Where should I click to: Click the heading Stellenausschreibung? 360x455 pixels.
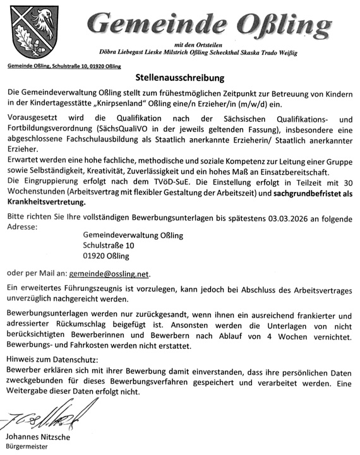point(179,79)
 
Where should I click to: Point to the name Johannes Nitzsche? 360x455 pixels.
point(38,437)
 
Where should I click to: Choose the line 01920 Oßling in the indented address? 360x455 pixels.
point(105,256)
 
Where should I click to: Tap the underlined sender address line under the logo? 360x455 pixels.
point(61,66)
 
